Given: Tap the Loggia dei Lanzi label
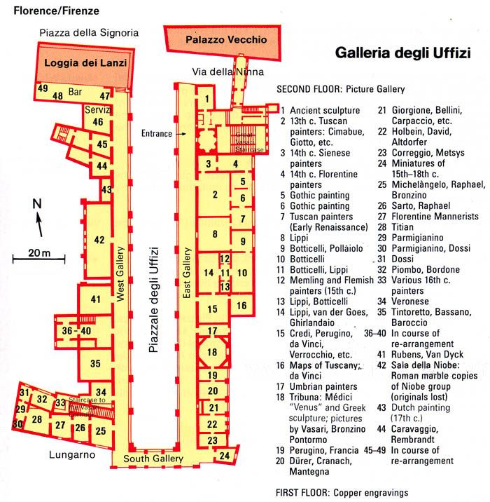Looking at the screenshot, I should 86,62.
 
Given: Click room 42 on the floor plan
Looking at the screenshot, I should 99,240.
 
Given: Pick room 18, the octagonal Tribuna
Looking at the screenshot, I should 213,352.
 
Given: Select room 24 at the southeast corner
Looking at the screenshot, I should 225,456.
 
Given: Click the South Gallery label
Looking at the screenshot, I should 153,459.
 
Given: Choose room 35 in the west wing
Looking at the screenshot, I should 95,362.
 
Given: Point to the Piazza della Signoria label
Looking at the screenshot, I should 90,32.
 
